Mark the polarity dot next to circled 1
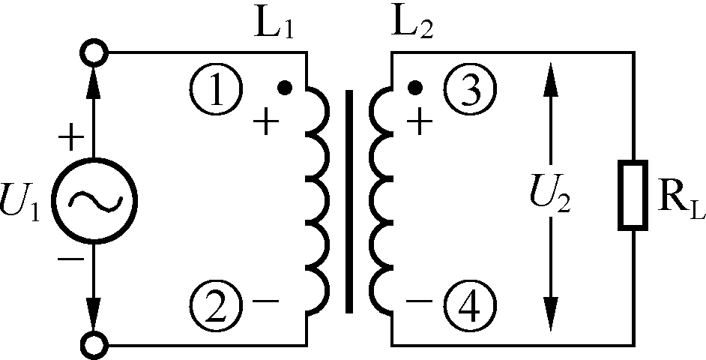pos(284,88)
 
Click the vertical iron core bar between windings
pos(349,201)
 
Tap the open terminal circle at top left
pos(95,53)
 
